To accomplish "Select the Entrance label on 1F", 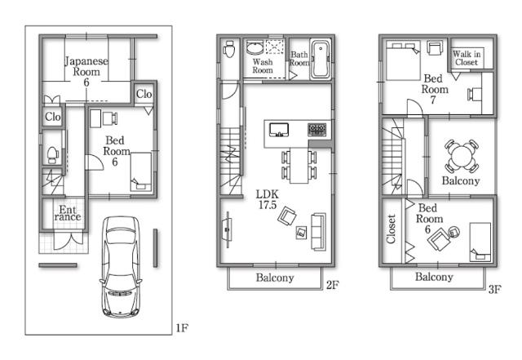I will (x=68, y=214).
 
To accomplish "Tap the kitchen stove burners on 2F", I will (x=316, y=130).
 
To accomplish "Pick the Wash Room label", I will (x=262, y=66).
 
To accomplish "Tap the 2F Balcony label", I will (x=275, y=278).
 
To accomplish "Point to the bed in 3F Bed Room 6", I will (x=479, y=241).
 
